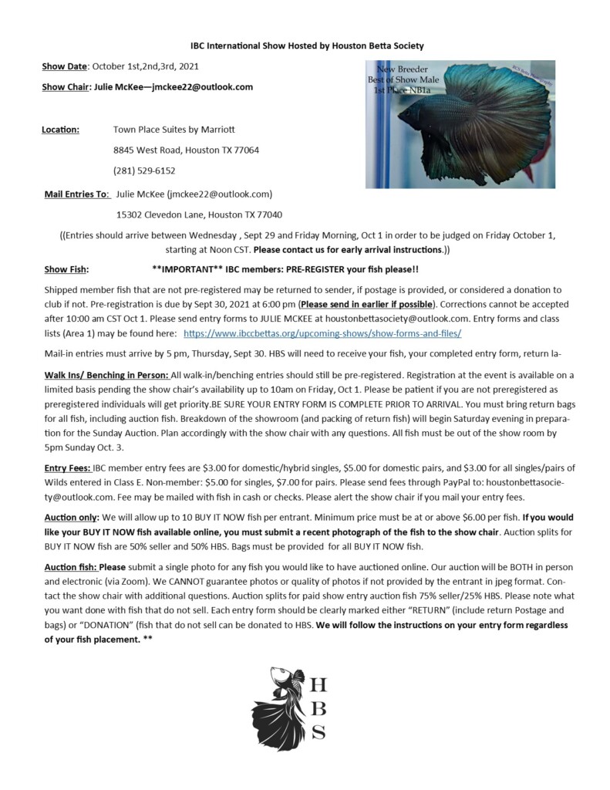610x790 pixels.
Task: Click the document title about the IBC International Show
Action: pyautogui.click(x=307, y=46)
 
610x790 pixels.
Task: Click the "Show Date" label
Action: pyautogui.click(x=64, y=67)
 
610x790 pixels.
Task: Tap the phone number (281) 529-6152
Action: pyautogui.click(x=144, y=170)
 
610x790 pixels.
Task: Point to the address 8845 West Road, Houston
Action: pyautogui.click(x=186, y=150)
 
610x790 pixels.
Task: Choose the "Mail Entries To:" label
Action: pyautogui.click(x=77, y=193)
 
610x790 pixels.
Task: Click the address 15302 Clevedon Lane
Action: pyautogui.click(x=199, y=214)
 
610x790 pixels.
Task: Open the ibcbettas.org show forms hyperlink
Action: pyautogui.click(x=322, y=333)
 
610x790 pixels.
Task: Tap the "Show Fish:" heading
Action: pyautogui.click(x=66, y=269)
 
